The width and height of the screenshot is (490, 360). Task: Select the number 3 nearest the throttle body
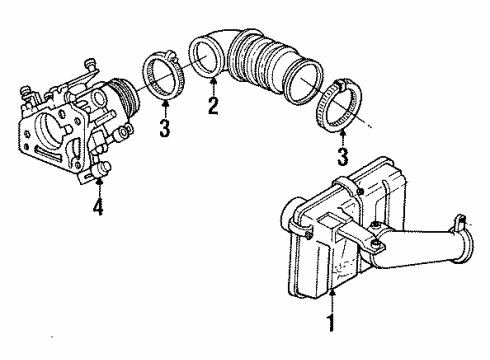click(x=166, y=129)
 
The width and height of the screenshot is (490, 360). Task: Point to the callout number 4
click(x=96, y=209)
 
